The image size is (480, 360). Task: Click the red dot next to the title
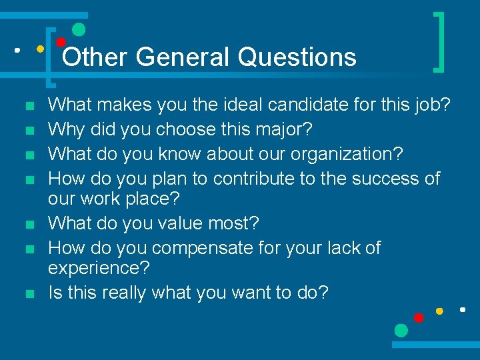[x=60, y=42]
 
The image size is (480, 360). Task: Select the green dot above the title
[x=79, y=29]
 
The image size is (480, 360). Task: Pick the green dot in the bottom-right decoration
[x=401, y=330]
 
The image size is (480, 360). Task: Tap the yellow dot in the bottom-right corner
[x=439, y=311]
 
